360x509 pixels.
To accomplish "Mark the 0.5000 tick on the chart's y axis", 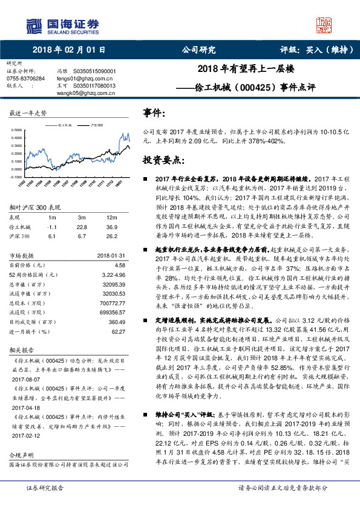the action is click(x=18, y=130).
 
